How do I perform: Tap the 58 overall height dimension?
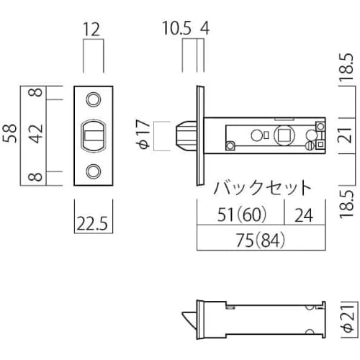tap(11, 135)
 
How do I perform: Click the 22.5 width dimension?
tap(94, 224)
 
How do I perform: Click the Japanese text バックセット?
tap(263, 189)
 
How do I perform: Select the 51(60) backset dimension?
tap(240, 214)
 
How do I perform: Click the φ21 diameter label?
tap(348, 315)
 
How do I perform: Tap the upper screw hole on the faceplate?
tap(94, 99)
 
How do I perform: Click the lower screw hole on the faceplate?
tap(94, 171)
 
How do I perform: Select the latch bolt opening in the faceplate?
tap(93, 135)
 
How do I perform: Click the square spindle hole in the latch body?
tap(283, 135)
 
